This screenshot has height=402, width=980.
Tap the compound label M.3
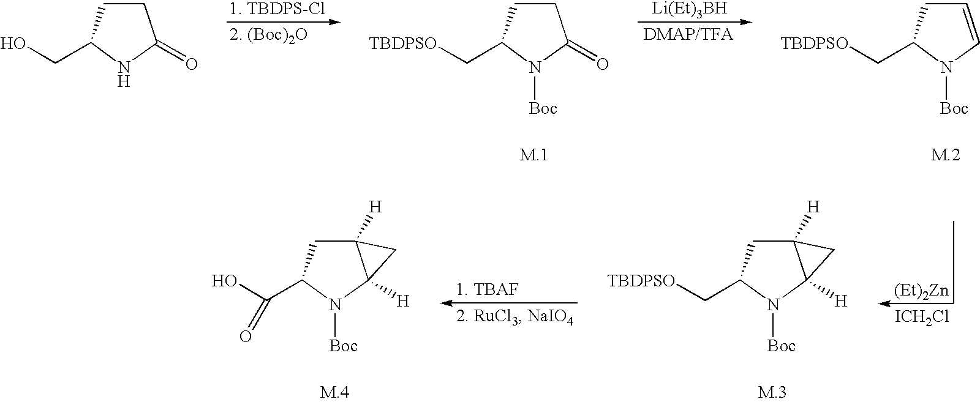click(x=782, y=390)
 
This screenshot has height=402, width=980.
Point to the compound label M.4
click(x=337, y=390)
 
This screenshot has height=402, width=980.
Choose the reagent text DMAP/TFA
click(x=688, y=35)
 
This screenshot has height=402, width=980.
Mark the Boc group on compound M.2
click(x=954, y=108)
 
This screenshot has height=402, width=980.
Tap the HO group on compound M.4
click(x=224, y=281)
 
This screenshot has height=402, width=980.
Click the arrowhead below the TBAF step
click(x=446, y=303)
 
